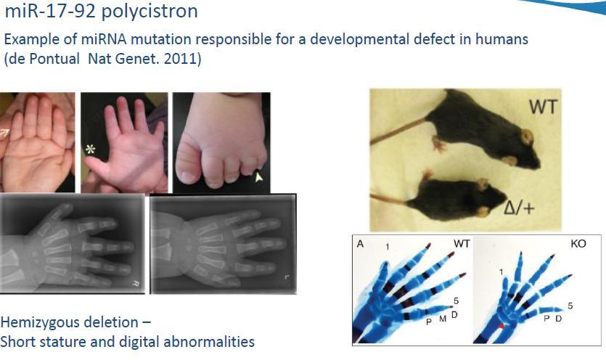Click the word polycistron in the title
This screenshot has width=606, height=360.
click(150, 12)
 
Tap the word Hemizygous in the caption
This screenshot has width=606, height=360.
click(69, 322)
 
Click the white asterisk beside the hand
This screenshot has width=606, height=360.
click(90, 150)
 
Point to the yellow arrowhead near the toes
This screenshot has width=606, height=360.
click(258, 177)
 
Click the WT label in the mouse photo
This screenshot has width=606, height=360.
click(543, 107)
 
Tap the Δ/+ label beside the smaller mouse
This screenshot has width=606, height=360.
click(520, 208)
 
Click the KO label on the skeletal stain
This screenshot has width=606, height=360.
click(578, 244)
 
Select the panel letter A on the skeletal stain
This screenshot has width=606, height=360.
click(360, 244)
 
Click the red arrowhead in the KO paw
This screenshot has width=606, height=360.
click(501, 326)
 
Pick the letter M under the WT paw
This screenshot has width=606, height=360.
click(443, 319)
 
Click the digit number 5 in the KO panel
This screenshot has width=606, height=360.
click(570, 306)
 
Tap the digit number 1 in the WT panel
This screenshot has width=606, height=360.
click(388, 247)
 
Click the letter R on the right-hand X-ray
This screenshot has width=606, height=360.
click(136, 284)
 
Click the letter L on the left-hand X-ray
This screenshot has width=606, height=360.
click(287, 277)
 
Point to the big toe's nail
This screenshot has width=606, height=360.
click(188, 176)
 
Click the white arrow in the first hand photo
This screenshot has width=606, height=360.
click(4, 134)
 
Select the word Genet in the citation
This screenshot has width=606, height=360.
click(138, 59)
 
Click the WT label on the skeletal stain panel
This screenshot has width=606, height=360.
click(462, 244)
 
